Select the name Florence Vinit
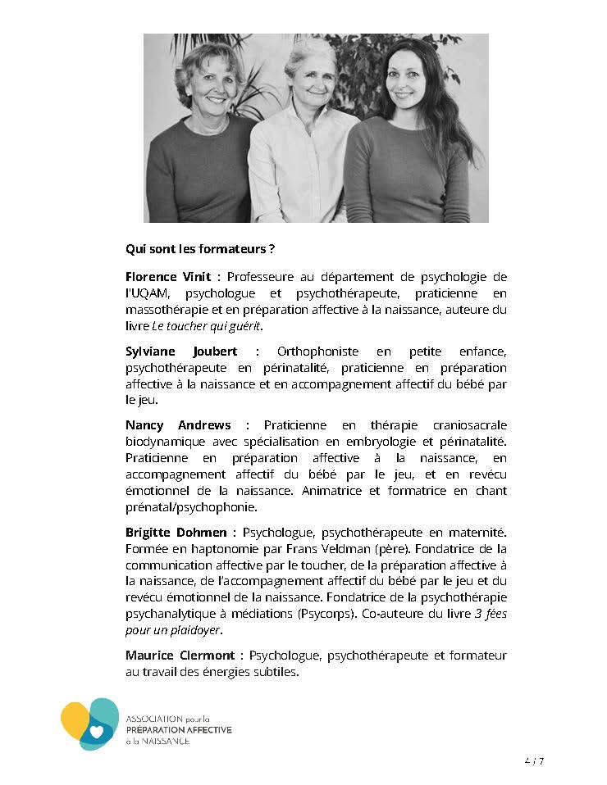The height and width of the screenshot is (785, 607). point(167,277)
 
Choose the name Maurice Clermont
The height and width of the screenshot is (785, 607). point(180,656)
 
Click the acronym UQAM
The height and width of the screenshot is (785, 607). point(148,293)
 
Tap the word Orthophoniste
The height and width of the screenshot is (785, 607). point(314,352)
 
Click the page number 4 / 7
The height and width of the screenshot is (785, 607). point(533,760)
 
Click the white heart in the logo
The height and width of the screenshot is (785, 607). point(97,731)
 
